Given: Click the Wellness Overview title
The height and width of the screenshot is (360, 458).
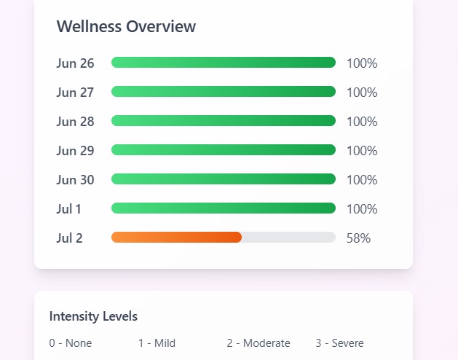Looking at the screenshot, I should (x=126, y=26).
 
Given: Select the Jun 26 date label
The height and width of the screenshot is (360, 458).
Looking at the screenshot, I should (x=75, y=63).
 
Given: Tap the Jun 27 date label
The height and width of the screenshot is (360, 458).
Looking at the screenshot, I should (x=75, y=93).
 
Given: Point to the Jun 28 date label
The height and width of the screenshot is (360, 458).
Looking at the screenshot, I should (x=75, y=122).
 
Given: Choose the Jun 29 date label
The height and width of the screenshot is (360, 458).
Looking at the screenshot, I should (x=75, y=151).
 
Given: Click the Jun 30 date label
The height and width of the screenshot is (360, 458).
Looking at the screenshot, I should (x=75, y=180).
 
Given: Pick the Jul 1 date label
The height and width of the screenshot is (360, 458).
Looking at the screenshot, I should (x=69, y=209).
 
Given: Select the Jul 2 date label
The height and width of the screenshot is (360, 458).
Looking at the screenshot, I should (x=69, y=238).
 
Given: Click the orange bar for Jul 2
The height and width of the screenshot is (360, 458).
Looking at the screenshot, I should (x=176, y=238).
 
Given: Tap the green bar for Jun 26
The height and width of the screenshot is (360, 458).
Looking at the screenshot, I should (x=223, y=63).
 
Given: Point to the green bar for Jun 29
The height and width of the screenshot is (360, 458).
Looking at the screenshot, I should (x=223, y=150).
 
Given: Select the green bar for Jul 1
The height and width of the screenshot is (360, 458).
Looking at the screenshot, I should (x=223, y=208).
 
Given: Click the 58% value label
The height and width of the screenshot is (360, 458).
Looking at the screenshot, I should (x=358, y=238).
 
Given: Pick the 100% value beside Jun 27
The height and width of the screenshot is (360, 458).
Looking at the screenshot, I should (x=362, y=93).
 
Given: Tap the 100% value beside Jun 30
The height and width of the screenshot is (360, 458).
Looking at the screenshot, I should (x=362, y=180).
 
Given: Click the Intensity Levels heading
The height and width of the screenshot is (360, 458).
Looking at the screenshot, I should (x=93, y=316).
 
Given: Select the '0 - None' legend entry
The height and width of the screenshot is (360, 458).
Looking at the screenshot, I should (x=71, y=343).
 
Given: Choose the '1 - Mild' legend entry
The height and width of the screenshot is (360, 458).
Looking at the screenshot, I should (x=157, y=343).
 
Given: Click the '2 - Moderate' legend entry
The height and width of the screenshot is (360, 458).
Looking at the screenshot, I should (x=258, y=343).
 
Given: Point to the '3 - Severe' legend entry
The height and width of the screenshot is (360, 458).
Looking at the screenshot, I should (x=339, y=343).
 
